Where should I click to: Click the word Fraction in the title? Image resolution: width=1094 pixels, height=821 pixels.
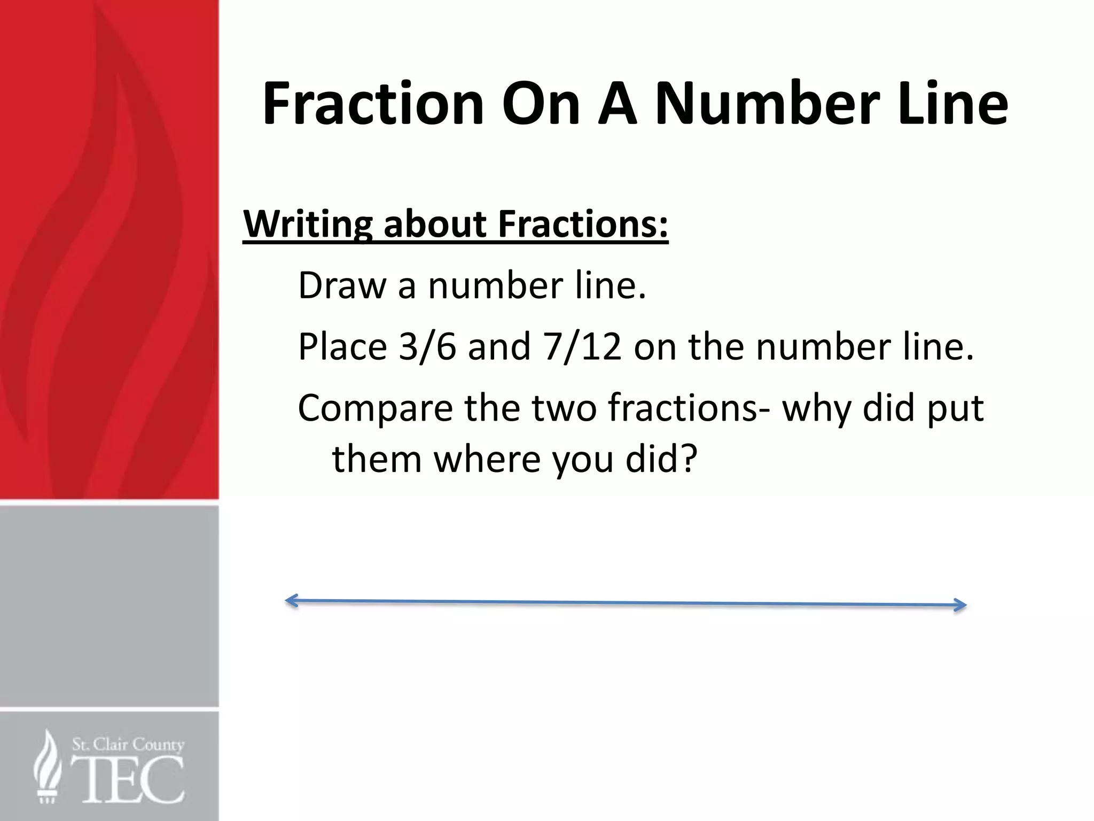(373, 104)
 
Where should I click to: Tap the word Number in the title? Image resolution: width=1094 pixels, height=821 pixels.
(768, 104)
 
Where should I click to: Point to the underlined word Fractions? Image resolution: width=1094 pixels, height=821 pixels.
(583, 224)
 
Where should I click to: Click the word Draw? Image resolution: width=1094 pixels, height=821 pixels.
(342, 285)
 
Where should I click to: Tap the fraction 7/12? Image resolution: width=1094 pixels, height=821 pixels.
(582, 347)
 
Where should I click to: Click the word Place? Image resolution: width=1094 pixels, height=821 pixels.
(342, 347)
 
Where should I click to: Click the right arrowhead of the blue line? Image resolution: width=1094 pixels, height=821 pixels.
(961, 605)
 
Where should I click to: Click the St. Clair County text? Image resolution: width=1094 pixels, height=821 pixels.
(128, 745)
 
